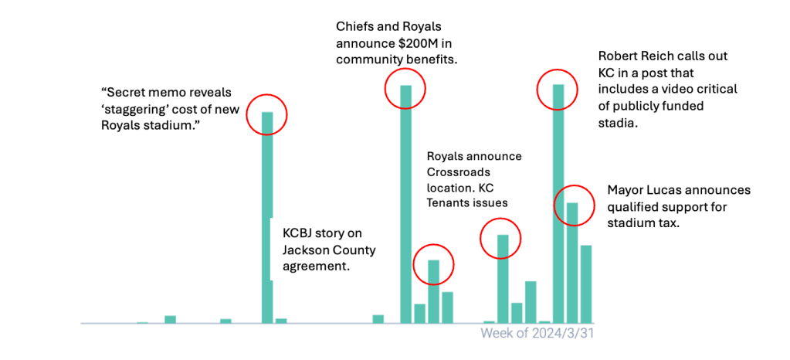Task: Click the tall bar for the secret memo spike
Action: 267,216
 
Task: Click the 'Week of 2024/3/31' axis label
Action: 537,333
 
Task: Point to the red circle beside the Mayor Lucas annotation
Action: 575,205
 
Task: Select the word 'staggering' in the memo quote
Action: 182,109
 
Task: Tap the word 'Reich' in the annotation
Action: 671,56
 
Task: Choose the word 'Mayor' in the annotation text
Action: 626,190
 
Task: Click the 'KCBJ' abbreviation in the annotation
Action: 300,233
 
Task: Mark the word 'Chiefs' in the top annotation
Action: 355,25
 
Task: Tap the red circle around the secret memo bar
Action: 266,116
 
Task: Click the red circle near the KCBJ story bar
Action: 433,266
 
